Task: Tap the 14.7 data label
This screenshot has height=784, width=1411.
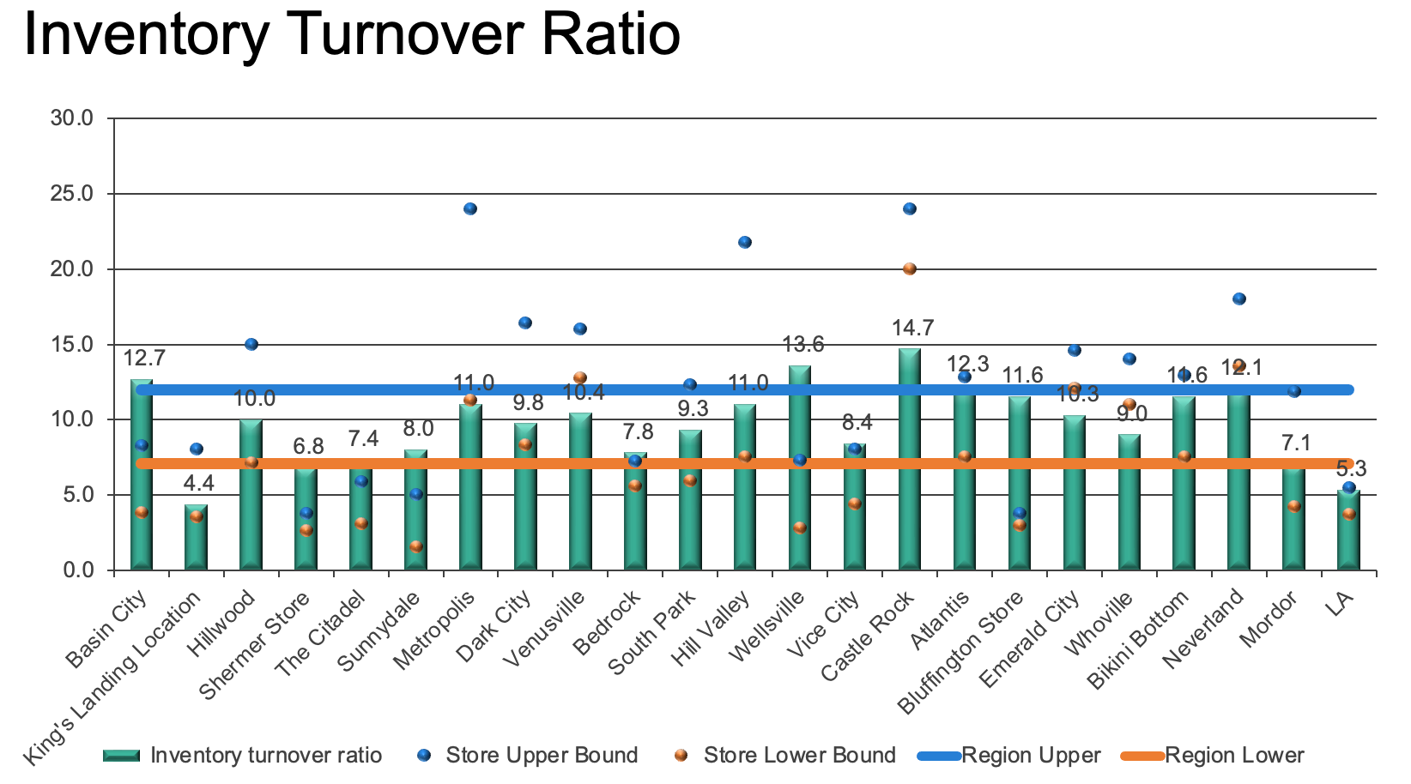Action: pyautogui.click(x=912, y=329)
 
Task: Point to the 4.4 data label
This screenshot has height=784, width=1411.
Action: pyautogui.click(x=198, y=484)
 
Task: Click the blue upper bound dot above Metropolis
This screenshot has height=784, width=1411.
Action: pyautogui.click(x=470, y=208)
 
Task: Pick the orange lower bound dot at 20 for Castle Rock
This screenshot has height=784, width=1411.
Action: pyautogui.click(x=910, y=268)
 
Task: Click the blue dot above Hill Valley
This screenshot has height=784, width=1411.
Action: pyautogui.click(x=745, y=242)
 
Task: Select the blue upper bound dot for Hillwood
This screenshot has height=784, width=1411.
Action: pyautogui.click(x=251, y=344)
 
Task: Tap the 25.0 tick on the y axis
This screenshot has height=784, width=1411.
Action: pyautogui.click(x=72, y=194)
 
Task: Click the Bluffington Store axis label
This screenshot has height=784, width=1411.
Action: pyautogui.click(x=960, y=653)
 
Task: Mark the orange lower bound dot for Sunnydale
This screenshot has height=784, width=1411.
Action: pyautogui.click(x=416, y=546)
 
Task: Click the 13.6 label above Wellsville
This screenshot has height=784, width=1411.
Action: pyautogui.click(x=803, y=345)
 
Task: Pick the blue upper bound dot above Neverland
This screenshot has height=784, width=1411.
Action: pyautogui.click(x=1239, y=299)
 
